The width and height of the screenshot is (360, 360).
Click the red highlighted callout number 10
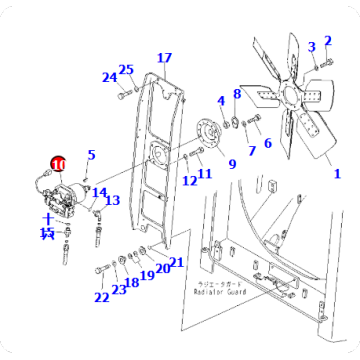tap(57, 163)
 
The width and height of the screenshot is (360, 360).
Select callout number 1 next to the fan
tap(337, 173)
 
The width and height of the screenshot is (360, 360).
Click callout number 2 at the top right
tap(327, 39)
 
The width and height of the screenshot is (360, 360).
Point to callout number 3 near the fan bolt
tap(311, 46)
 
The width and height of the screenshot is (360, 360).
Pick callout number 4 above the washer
tap(221, 101)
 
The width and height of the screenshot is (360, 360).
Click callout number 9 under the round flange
tap(231, 164)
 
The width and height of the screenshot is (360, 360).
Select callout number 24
tap(109, 77)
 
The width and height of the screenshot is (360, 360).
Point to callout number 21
tap(177, 263)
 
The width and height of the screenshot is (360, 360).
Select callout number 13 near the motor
tap(112, 200)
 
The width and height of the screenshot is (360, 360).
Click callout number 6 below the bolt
tap(267, 144)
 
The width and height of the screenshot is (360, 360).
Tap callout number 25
tap(126, 69)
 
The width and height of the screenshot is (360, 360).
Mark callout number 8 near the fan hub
tap(237, 94)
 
